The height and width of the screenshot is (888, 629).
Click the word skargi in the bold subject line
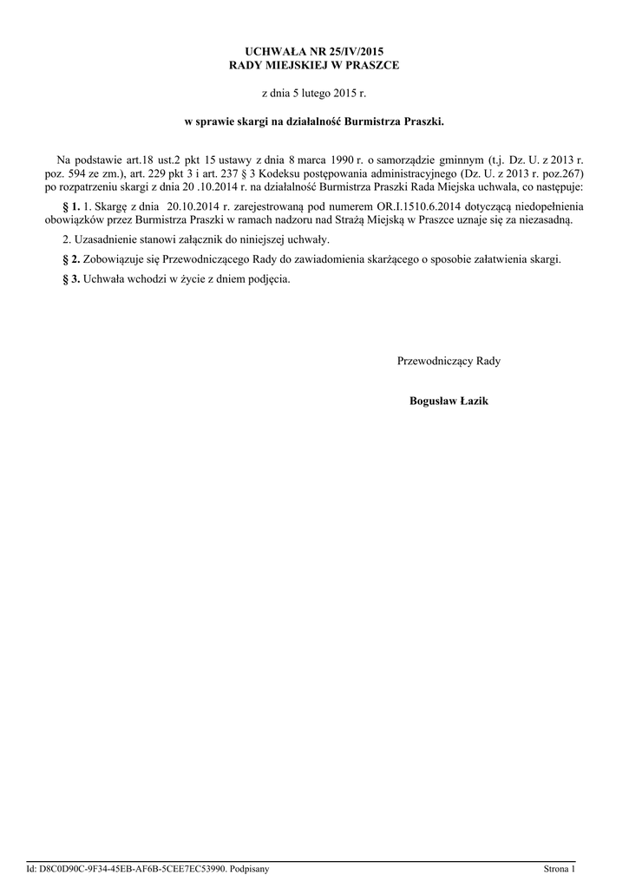pos(263,122)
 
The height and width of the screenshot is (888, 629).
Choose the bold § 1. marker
pos(73,207)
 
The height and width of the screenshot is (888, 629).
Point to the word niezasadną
pos(545,220)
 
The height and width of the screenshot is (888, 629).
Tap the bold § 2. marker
pos(73,259)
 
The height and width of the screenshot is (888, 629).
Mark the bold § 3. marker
pos(73,279)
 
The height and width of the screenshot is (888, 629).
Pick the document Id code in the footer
pos(129,868)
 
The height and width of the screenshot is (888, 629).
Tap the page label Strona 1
pos(559,868)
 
